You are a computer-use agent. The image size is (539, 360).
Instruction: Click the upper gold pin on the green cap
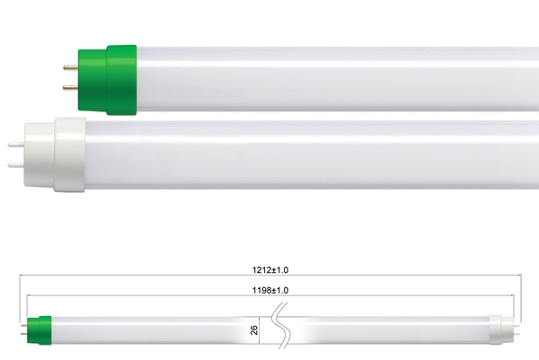point(70,67)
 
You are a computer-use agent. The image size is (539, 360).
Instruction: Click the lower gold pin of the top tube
point(70,88)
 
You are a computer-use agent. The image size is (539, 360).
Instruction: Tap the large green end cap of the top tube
point(107,80)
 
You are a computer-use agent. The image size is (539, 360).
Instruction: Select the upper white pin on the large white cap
point(16,145)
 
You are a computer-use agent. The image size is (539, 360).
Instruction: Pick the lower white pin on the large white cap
point(16,165)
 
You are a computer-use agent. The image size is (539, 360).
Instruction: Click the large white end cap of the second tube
point(55,154)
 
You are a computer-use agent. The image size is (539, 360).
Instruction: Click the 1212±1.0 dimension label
point(270,270)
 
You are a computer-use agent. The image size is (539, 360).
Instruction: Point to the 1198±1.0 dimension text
point(270,290)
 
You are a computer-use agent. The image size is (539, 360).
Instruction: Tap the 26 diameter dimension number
point(254,330)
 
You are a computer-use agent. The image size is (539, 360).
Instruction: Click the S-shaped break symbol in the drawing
point(281,326)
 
